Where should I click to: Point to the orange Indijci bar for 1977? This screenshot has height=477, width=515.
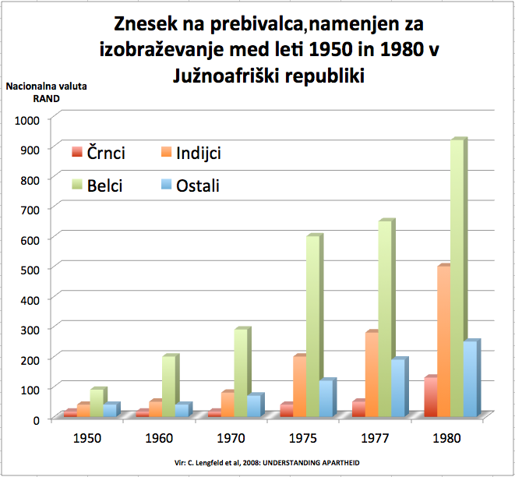[x=371, y=374]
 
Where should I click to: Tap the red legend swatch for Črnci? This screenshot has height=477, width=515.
[x=77, y=153]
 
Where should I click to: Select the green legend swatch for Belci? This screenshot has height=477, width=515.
[x=77, y=185]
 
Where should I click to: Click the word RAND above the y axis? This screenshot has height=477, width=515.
[x=45, y=98]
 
